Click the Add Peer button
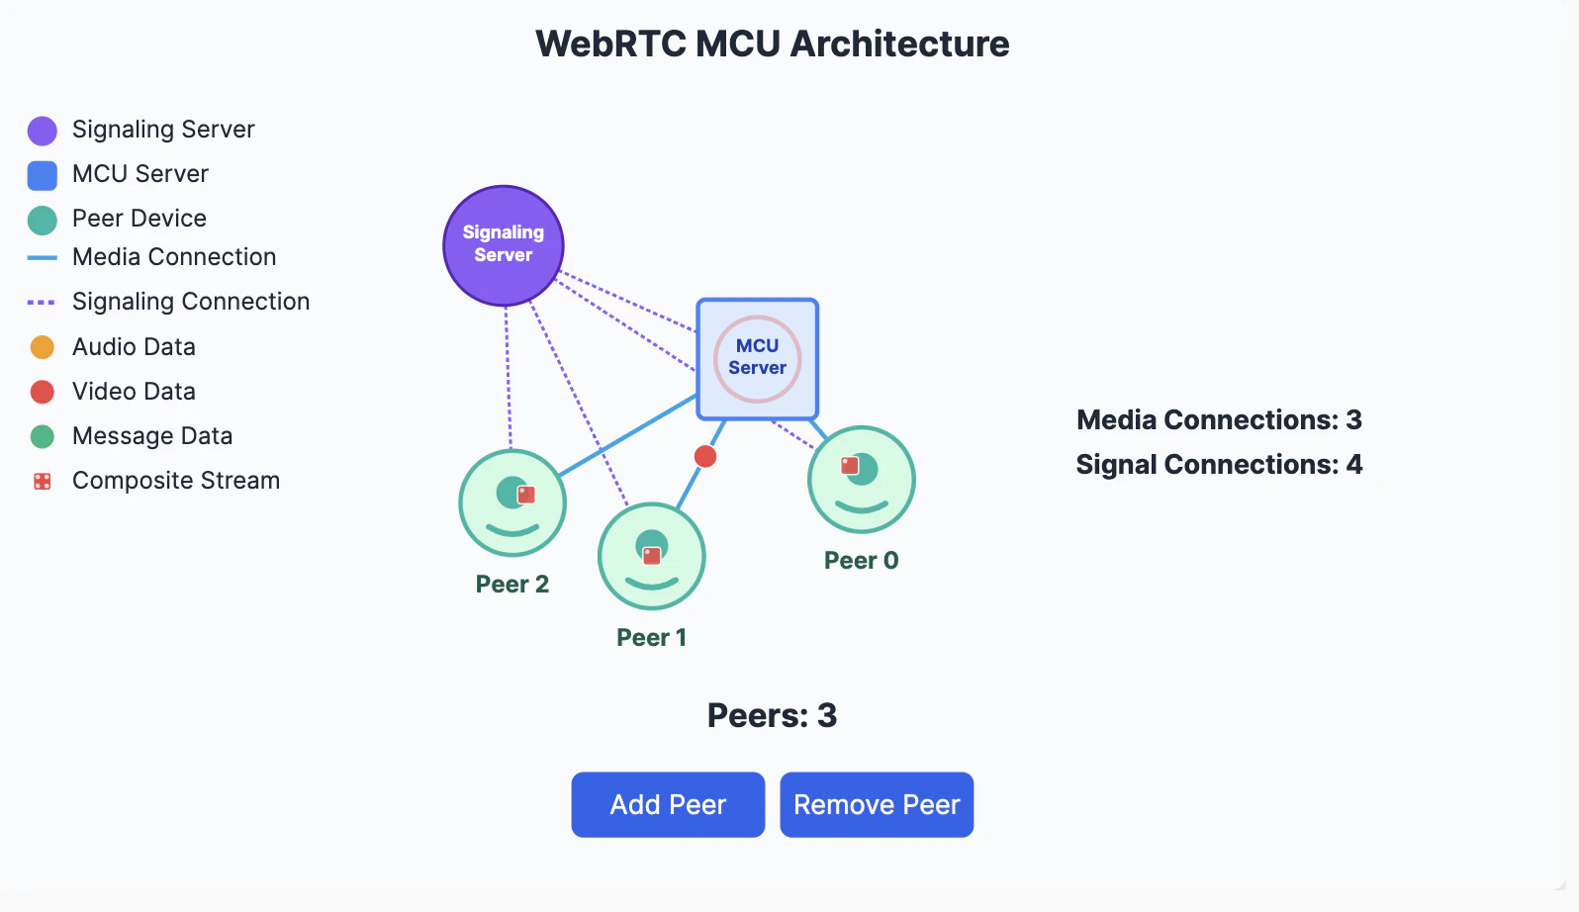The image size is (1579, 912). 668,804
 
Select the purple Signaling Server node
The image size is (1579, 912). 504,245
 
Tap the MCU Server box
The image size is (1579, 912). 758,358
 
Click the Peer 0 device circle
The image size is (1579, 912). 862,480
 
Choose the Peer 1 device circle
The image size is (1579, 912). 652,556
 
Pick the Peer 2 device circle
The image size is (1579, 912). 512,503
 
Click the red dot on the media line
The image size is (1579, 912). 705,456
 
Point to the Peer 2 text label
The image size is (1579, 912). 512,585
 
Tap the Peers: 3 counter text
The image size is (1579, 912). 772,715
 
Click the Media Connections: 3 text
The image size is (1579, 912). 1219,419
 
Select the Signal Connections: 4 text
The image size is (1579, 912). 1219,464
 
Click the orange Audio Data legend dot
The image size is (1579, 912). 42,347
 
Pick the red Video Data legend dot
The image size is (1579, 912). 42,392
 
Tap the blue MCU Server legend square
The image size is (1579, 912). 42,175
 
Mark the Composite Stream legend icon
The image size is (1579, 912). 42,482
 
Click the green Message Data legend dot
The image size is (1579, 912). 42,436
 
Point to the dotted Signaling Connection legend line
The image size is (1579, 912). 42,302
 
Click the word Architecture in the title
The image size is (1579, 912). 899,44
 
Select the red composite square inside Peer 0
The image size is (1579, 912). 850,465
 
